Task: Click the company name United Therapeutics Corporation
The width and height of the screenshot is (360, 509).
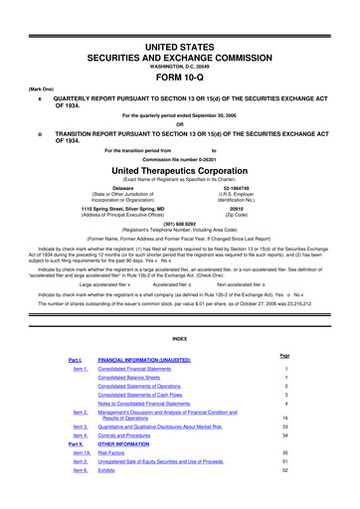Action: [x=180, y=171]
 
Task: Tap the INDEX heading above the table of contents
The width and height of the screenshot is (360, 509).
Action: [x=180, y=337]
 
